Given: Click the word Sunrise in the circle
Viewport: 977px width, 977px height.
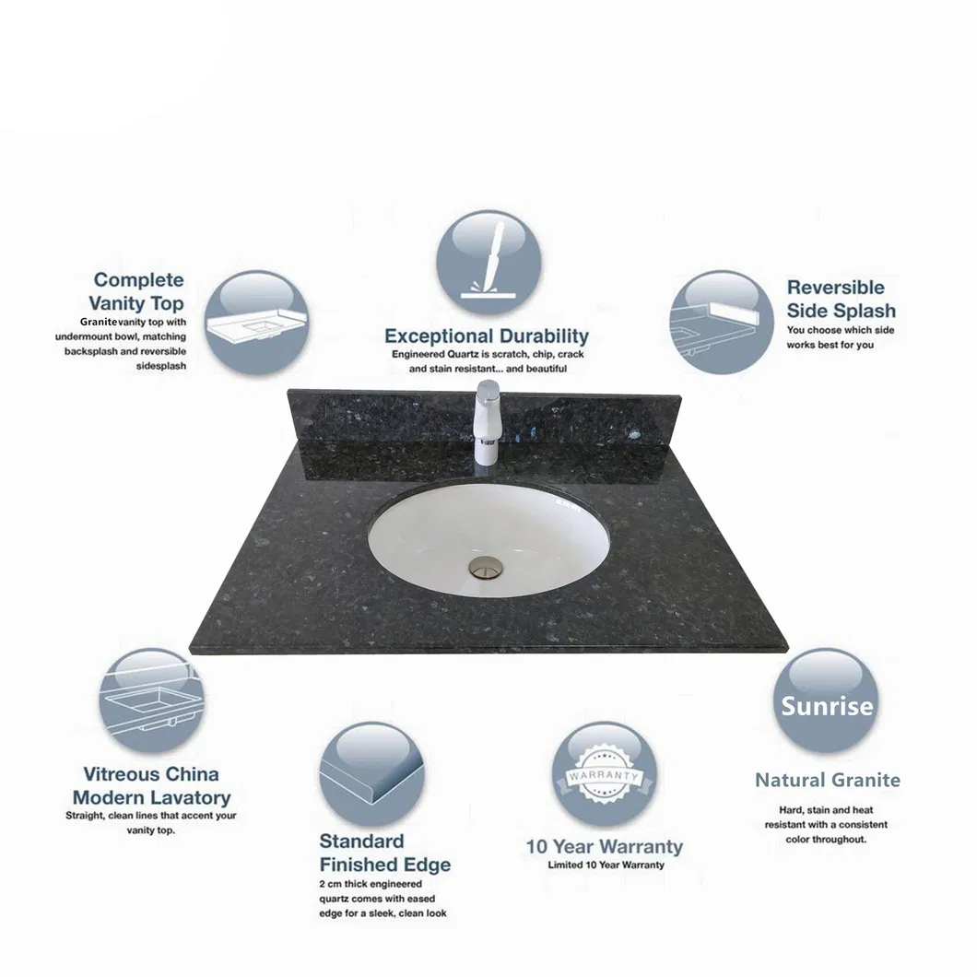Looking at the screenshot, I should tap(827, 706).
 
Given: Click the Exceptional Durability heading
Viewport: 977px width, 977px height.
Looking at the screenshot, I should tap(487, 335).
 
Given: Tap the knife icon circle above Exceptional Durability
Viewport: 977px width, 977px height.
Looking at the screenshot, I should tap(487, 263).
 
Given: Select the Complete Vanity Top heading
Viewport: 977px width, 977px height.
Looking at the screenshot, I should tap(138, 291).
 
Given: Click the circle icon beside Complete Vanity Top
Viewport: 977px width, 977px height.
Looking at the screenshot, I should tap(256, 323).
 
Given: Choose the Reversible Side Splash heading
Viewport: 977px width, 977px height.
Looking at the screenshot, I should tap(841, 299).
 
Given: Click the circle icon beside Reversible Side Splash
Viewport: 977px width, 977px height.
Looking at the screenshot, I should tap(721, 323).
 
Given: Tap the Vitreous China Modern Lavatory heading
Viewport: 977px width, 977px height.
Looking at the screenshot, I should tap(151, 785).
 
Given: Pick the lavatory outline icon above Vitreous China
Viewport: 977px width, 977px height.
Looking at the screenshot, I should tap(151, 700).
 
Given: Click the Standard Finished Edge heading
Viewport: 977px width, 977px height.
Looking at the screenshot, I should tap(384, 853).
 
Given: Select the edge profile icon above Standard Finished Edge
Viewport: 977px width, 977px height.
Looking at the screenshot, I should tap(372, 773).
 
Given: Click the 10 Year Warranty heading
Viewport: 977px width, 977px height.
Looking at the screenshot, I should tap(604, 846).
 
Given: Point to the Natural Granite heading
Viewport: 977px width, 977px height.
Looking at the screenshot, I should tap(827, 780).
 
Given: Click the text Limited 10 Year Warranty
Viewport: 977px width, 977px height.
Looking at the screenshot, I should tap(605, 865).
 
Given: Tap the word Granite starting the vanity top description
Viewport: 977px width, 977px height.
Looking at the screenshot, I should tap(98, 322).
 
